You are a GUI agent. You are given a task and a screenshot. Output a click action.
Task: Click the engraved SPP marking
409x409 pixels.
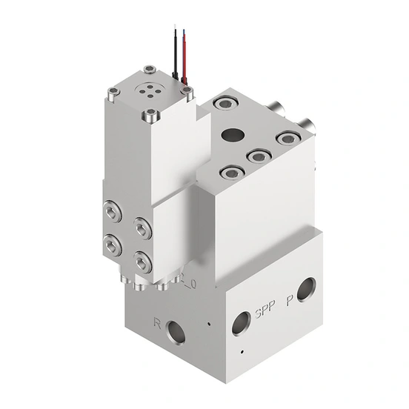click(x=263, y=311)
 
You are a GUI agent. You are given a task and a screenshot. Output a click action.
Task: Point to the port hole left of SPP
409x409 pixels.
click(x=241, y=322)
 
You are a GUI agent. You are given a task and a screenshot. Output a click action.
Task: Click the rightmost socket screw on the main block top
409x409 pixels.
click(x=285, y=138)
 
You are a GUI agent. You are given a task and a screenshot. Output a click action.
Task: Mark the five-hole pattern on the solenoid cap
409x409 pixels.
click(x=152, y=89)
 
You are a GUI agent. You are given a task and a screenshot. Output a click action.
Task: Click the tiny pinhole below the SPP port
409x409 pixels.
click(x=242, y=350)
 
